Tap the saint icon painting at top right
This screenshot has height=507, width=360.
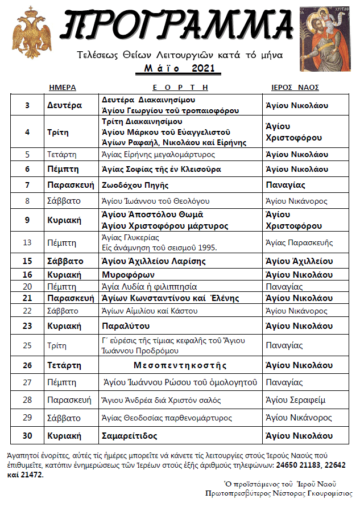tap(328, 38)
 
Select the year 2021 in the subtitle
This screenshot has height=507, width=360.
tap(204, 69)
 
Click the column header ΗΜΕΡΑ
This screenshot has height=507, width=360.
tap(63, 88)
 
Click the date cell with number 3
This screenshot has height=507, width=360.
tap(27, 105)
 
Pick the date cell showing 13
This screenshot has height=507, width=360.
tap(27, 242)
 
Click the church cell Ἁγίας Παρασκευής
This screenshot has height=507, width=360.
tap(299, 242)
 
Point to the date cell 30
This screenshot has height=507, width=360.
tap(27, 436)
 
